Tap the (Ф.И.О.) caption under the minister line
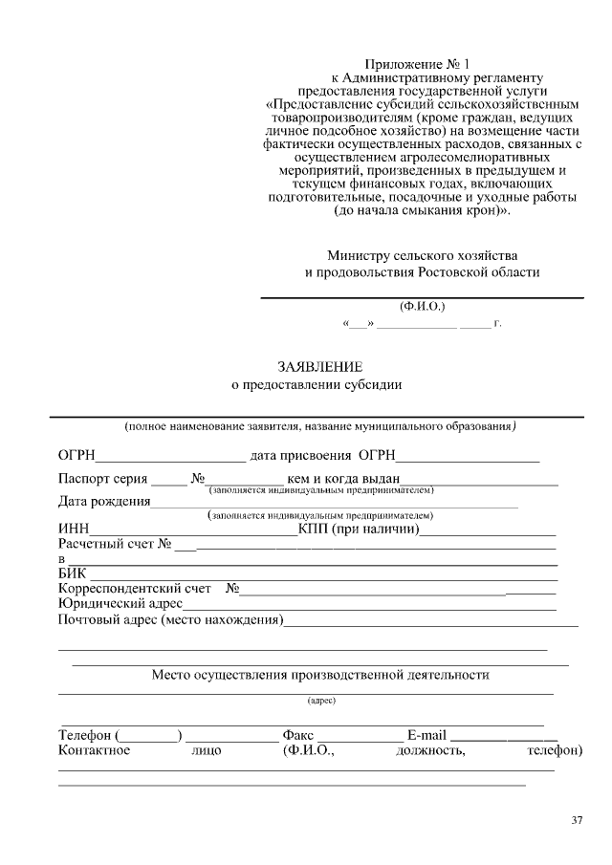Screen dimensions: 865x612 click(x=422, y=307)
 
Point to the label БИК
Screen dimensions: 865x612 click(x=73, y=573)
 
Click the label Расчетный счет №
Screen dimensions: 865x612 click(x=115, y=545)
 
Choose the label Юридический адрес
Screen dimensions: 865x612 click(x=120, y=604)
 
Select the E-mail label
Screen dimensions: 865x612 click(x=426, y=736)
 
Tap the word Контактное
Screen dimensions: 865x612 click(x=94, y=751)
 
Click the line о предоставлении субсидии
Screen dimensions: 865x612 click(x=317, y=386)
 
